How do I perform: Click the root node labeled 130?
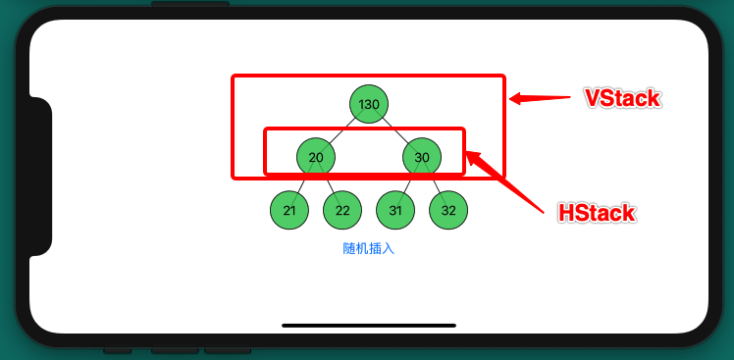click(x=369, y=104)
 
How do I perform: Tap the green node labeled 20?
click(x=316, y=157)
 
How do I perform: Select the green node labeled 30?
click(x=422, y=157)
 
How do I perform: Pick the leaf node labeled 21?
click(x=289, y=210)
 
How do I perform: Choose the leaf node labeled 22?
click(x=342, y=210)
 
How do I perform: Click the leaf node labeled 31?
click(x=395, y=210)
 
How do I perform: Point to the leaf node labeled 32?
click(x=448, y=210)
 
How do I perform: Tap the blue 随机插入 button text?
click(x=369, y=249)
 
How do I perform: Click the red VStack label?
click(x=621, y=99)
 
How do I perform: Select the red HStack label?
click(x=596, y=213)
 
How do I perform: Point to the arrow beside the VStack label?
click(x=539, y=97)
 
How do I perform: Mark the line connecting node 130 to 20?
click(x=342, y=130)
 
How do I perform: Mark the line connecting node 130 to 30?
click(x=395, y=130)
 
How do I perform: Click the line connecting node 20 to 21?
click(x=302, y=184)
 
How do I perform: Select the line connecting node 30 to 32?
click(x=436, y=184)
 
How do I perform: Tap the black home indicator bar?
click(x=369, y=325)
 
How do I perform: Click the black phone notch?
click(x=39, y=177)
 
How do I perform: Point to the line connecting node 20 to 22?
click(x=330, y=184)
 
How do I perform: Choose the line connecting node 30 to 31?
click(x=409, y=184)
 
